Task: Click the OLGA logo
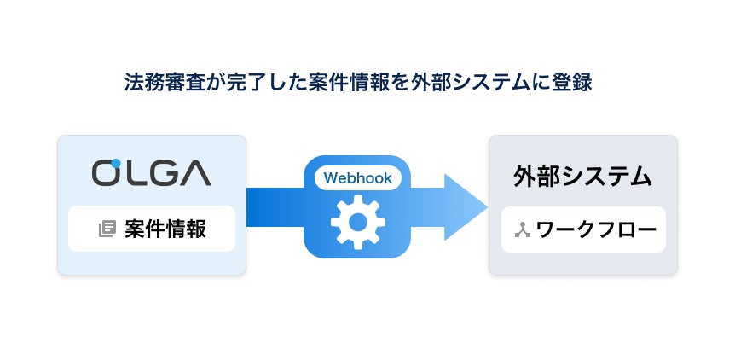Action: pos(151,172)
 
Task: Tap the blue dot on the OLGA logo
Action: pos(116,162)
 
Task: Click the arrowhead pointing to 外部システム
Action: pos(465,206)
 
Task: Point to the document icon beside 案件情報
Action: pos(107,229)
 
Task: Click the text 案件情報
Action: pos(165,229)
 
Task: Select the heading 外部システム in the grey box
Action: pos(582,177)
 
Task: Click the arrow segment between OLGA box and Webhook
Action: pos(275,206)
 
